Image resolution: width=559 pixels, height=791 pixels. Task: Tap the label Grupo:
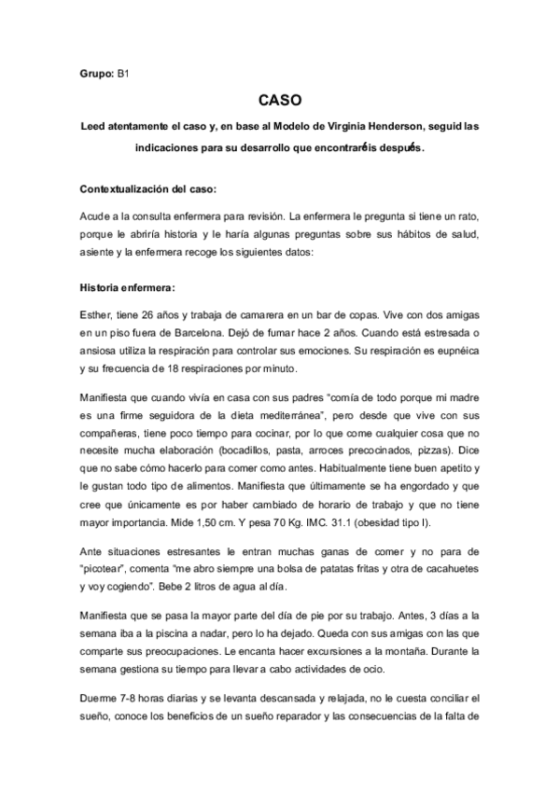click(x=96, y=71)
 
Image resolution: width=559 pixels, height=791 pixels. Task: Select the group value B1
click(x=123, y=71)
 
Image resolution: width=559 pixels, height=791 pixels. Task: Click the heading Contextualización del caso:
click(x=148, y=189)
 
